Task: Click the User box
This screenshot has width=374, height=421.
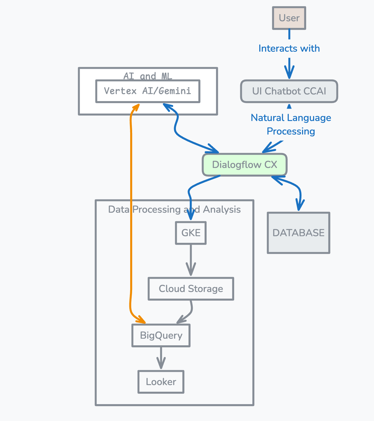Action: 289,18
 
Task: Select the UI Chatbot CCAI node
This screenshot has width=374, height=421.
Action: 289,91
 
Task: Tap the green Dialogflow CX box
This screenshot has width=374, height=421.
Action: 245,165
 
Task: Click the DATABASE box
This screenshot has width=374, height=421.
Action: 298,233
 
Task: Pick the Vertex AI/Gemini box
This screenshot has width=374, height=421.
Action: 148,91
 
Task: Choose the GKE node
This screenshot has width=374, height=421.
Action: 191,233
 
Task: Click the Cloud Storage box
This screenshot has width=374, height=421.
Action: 191,289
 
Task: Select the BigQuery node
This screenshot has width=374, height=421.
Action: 161,335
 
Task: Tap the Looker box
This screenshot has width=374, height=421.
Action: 161,382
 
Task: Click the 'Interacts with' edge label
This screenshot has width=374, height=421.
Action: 289,49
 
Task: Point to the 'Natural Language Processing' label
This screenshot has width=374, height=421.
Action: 291,124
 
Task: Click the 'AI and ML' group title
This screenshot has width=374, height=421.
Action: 148,76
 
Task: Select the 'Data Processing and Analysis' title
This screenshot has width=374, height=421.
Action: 174,210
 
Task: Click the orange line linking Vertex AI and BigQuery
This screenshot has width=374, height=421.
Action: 131,249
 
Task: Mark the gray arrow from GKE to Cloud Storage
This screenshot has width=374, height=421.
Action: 191,260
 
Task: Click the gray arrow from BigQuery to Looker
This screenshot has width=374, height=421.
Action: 161,358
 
